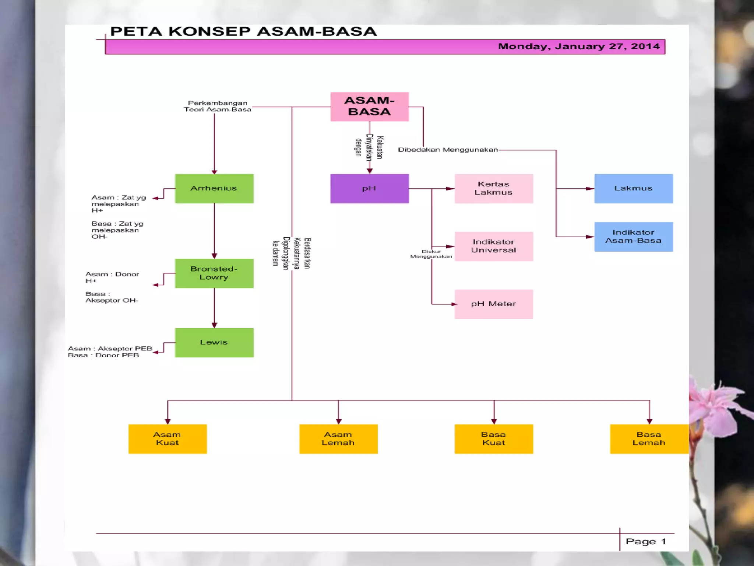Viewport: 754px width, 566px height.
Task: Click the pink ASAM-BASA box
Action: point(369,106)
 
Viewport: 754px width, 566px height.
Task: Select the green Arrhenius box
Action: point(214,188)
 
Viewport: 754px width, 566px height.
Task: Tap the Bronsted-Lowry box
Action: point(214,273)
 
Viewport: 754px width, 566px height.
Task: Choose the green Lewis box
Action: point(214,342)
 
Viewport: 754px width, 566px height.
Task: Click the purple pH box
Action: point(369,188)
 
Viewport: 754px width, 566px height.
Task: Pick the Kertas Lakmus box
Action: point(493,188)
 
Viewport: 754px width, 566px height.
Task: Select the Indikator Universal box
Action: point(493,246)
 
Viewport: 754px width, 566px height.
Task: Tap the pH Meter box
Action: point(493,304)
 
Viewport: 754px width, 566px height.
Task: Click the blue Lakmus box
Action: point(633,188)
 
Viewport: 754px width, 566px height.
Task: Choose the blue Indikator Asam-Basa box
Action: point(633,237)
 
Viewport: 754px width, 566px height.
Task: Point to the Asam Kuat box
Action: point(168,439)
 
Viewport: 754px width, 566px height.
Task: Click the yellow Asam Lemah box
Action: point(338,439)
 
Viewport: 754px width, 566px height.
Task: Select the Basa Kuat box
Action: point(493,439)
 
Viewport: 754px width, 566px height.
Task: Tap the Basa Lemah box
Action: point(649,439)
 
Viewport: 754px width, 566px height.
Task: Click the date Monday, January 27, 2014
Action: point(578,46)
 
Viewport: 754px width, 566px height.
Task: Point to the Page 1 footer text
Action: point(646,541)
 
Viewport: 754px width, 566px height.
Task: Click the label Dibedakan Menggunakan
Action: point(448,150)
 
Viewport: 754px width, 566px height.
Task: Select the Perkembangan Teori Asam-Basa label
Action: point(218,106)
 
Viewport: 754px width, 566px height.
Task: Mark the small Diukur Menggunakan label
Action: point(431,254)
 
